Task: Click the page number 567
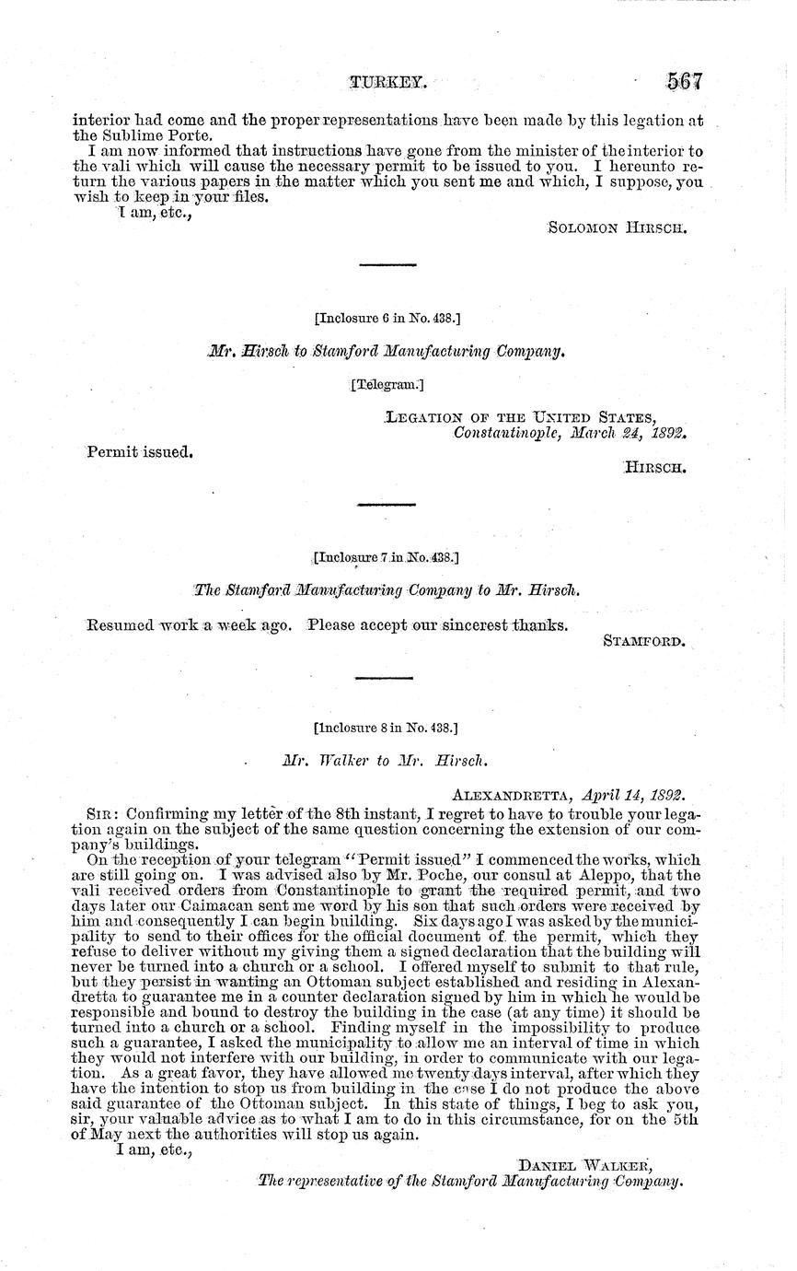(x=684, y=81)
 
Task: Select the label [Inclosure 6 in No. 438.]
(x=387, y=319)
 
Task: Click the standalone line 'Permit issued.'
(x=139, y=453)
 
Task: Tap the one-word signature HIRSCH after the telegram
(x=655, y=468)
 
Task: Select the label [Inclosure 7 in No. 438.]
(x=387, y=557)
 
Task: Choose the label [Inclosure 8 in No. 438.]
(x=387, y=728)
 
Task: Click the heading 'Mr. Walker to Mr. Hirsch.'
(x=385, y=762)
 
